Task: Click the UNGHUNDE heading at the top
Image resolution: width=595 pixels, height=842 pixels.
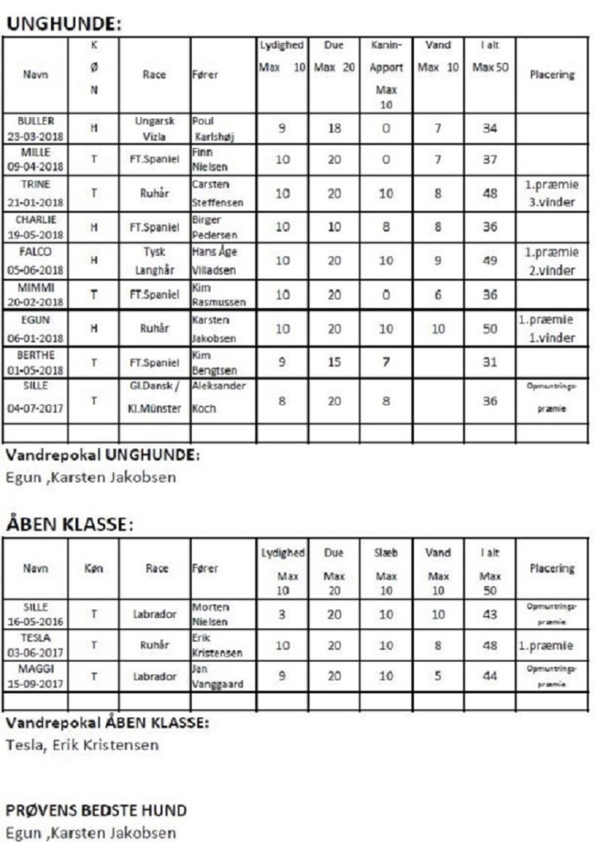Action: (x=63, y=24)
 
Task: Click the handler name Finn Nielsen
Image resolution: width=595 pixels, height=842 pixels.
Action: (x=211, y=160)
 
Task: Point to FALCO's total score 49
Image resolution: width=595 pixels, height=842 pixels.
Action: (x=489, y=260)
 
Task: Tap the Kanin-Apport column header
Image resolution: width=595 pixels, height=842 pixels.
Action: (x=386, y=74)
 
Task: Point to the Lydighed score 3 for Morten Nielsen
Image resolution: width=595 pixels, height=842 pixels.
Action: (x=281, y=614)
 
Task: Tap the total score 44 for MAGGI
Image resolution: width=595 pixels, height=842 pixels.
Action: (x=489, y=677)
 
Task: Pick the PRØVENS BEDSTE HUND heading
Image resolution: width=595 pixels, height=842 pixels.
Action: (x=97, y=810)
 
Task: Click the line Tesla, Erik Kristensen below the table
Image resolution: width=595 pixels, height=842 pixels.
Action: (x=83, y=745)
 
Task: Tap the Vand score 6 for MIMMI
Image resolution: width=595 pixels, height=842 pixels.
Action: (x=438, y=295)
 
